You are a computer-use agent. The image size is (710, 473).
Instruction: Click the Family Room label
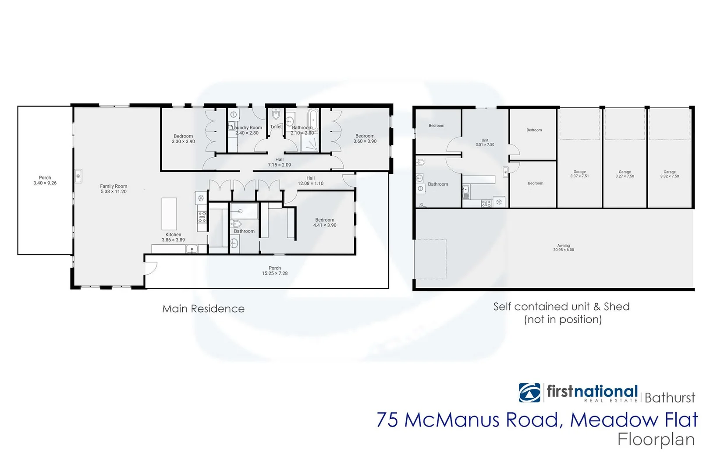click(114, 189)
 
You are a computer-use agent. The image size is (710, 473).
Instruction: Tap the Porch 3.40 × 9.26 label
click(45, 180)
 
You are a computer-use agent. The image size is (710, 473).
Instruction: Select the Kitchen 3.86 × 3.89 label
click(173, 237)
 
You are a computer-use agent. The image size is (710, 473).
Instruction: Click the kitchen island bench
click(169, 214)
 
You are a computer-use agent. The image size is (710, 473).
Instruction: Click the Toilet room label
click(276, 127)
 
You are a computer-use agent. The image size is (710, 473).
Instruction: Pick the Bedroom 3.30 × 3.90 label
click(183, 139)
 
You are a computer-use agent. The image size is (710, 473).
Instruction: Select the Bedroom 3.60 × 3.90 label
click(365, 138)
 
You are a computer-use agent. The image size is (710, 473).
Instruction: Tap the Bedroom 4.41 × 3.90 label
click(324, 222)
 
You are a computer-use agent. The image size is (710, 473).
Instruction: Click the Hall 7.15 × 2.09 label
click(279, 162)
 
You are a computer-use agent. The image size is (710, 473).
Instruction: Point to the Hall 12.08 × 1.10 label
click(310, 180)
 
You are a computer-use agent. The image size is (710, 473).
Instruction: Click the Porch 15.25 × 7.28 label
click(275, 271)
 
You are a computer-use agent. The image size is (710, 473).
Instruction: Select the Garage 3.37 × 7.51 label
click(579, 174)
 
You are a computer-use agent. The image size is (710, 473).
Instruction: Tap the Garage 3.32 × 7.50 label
click(669, 174)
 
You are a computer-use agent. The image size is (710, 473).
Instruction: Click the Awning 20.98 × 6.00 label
click(563, 247)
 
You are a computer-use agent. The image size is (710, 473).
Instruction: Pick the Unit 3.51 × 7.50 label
click(485, 142)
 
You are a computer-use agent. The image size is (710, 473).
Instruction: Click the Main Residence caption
click(203, 309)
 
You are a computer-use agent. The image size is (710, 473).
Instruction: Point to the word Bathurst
click(669, 398)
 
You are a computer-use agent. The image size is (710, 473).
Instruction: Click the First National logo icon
click(529, 392)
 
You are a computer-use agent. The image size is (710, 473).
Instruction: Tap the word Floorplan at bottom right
click(656, 439)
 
